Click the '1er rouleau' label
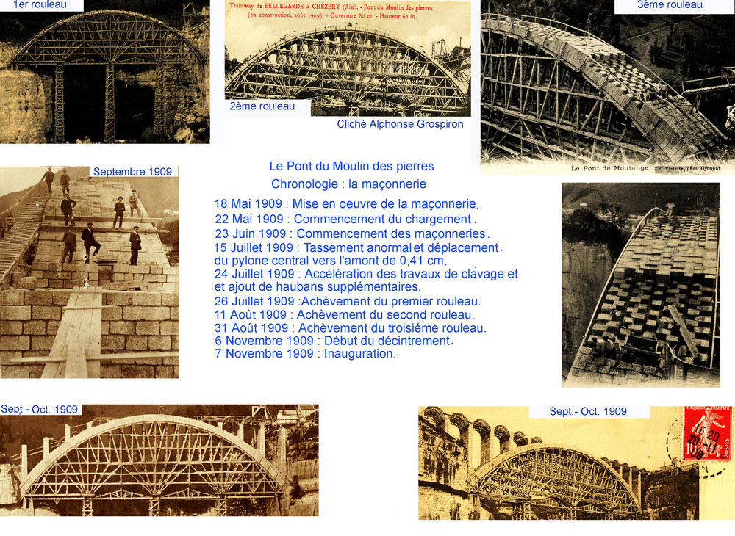[x=40, y=4]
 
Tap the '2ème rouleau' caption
[x=262, y=106]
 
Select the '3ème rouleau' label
[x=670, y=5]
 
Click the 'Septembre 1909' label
[x=132, y=172]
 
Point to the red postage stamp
[x=706, y=432]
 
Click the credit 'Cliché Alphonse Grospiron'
[x=400, y=124]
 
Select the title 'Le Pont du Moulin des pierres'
[x=351, y=166]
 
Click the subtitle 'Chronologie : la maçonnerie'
[x=348, y=184]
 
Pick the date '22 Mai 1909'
[x=248, y=219]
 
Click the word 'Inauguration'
[x=360, y=354]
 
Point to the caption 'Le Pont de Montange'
[x=609, y=168]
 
